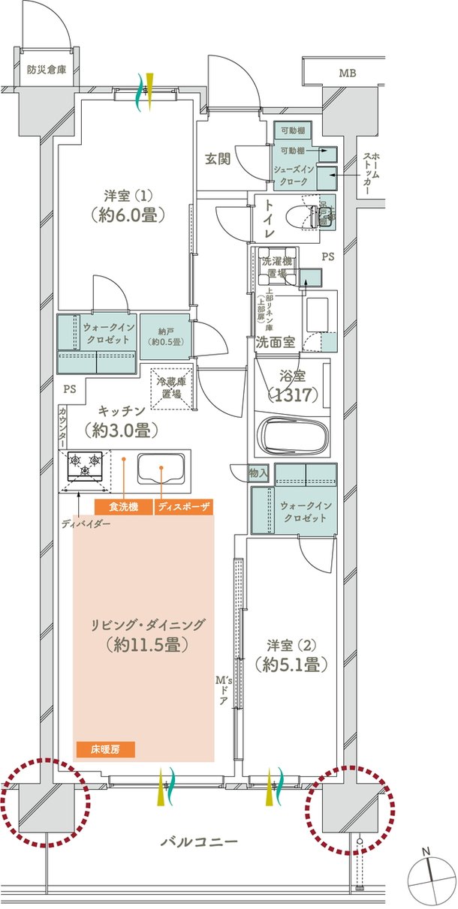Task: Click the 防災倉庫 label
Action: click(x=47, y=70)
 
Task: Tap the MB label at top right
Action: click(x=348, y=73)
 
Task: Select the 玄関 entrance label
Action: click(x=218, y=159)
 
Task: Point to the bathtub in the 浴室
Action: click(x=292, y=438)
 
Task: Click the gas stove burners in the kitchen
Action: click(x=85, y=466)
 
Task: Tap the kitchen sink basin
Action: click(x=161, y=468)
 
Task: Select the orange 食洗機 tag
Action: click(x=124, y=507)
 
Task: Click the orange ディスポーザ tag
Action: click(x=184, y=507)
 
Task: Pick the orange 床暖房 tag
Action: click(x=105, y=748)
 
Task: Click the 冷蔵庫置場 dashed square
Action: click(x=171, y=388)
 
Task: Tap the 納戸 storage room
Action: click(x=165, y=337)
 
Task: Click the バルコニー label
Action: click(x=199, y=840)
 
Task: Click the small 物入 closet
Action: click(x=258, y=473)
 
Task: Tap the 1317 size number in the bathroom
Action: click(x=293, y=394)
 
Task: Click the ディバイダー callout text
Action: click(x=86, y=524)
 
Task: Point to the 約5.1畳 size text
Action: click(x=291, y=664)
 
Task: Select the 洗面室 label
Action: click(x=275, y=343)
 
